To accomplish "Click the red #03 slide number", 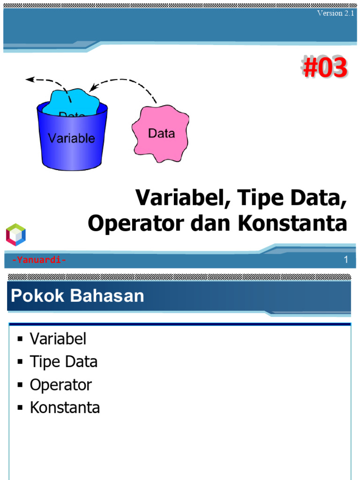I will pos(324,68).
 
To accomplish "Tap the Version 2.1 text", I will pos(336,13).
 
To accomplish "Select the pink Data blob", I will pos(161,134).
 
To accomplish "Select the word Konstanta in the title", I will pos(293,224).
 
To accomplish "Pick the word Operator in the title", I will pos(136,224).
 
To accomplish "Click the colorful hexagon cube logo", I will pos(15,235).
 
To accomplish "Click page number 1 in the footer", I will pos(346,260).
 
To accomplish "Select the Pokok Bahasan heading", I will pos(77,296).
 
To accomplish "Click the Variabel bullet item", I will pos(58,338).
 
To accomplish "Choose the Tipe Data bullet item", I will pos(64,361).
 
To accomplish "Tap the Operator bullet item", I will pos(61,385).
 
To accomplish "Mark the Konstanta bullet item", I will pos(65,408).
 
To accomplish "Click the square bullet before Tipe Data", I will pos(20,361).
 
